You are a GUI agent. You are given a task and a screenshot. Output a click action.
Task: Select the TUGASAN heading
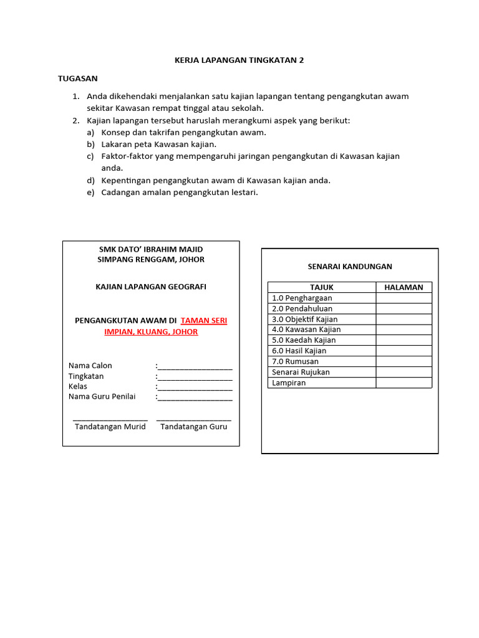pyautogui.click(x=77, y=79)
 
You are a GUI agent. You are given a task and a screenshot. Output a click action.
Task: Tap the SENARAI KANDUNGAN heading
pyautogui.click(x=349, y=266)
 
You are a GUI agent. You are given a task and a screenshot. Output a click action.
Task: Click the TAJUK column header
pyautogui.click(x=322, y=287)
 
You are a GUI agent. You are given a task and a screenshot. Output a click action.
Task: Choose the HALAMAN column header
pyautogui.click(x=404, y=287)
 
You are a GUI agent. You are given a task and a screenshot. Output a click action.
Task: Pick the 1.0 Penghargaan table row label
pyautogui.click(x=302, y=298)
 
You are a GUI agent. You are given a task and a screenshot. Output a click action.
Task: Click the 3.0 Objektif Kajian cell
pyautogui.click(x=305, y=319)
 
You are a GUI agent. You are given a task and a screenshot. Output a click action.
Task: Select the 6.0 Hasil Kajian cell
pyautogui.click(x=299, y=351)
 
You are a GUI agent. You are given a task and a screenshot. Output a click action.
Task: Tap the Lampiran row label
pyautogui.click(x=289, y=383)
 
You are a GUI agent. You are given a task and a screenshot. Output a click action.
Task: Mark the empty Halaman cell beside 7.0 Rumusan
pyautogui.click(x=404, y=361)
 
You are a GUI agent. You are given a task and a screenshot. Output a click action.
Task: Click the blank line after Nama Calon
pyautogui.click(x=195, y=366)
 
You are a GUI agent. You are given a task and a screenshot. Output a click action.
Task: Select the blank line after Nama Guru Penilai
pyautogui.click(x=195, y=398)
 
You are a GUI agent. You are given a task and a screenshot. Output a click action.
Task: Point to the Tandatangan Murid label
pyautogui.click(x=110, y=427)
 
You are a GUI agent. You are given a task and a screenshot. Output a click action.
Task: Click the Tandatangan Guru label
pyautogui.click(x=194, y=427)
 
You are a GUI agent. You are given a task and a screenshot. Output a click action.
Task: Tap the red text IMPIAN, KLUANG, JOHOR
pyautogui.click(x=151, y=332)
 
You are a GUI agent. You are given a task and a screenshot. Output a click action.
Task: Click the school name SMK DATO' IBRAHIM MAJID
pyautogui.click(x=151, y=249)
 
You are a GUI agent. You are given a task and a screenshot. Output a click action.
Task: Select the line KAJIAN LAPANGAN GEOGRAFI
pyautogui.click(x=151, y=287)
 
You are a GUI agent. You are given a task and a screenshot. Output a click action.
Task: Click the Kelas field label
pyautogui.click(x=78, y=387)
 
